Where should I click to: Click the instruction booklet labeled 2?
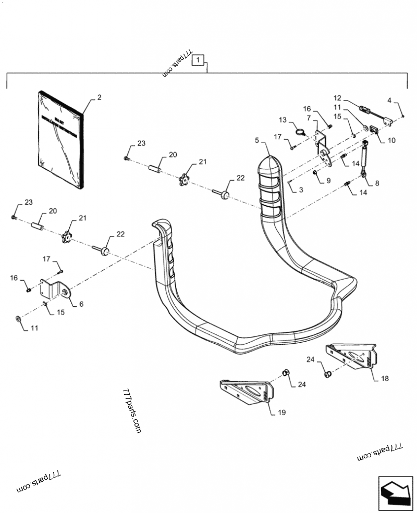(60, 139)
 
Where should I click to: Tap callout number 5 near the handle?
(256, 140)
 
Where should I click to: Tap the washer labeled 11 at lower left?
(19, 318)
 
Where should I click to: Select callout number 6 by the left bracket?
(81, 304)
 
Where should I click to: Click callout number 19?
(281, 413)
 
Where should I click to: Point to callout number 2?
(99, 97)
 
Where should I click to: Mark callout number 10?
(391, 140)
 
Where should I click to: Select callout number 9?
(328, 181)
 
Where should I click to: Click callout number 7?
(308, 119)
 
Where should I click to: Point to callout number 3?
(301, 191)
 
